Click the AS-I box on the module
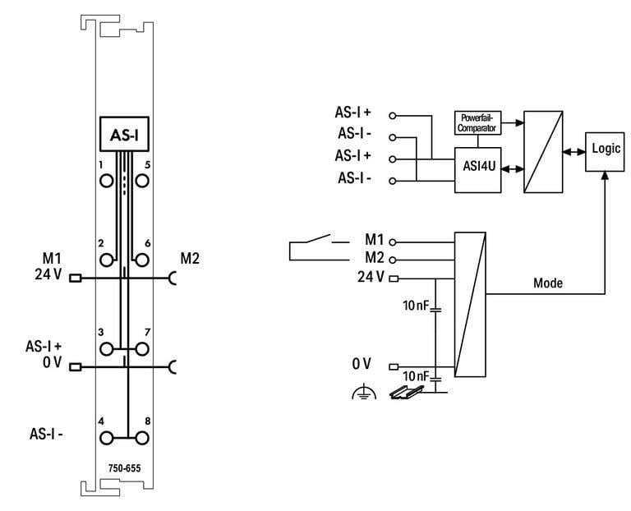pyautogui.click(x=124, y=135)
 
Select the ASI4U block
pyautogui.click(x=478, y=170)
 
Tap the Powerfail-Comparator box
pyautogui.click(x=477, y=122)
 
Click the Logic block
pyautogui.click(x=605, y=152)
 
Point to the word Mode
pyautogui.click(x=548, y=283)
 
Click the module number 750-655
pyautogui.click(x=124, y=468)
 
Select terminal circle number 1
pyautogui.click(x=107, y=181)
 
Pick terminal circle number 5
pyautogui.click(x=142, y=181)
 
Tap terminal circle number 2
pyautogui.click(x=107, y=260)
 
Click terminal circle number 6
pyautogui.click(x=142, y=260)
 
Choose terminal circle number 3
pyautogui.click(x=107, y=349)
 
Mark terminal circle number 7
pyautogui.click(x=142, y=349)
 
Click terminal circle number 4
pyautogui.click(x=107, y=438)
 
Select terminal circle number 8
pyautogui.click(x=142, y=438)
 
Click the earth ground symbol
pyautogui.click(x=364, y=392)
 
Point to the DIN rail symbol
pyautogui.click(x=407, y=393)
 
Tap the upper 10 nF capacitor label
pyautogui.click(x=416, y=306)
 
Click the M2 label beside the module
pyautogui.click(x=190, y=258)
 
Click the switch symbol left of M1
pyautogui.click(x=319, y=247)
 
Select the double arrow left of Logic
pyautogui.click(x=573, y=152)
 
